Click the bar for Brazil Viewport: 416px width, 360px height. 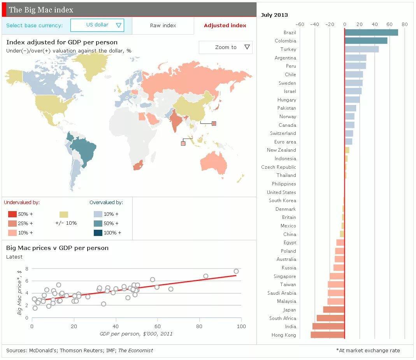point(371,33)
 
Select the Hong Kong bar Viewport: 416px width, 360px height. point(328,335)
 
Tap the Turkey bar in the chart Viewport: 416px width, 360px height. point(362,49)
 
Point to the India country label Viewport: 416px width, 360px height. point(290,327)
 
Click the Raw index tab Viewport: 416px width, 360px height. point(163,26)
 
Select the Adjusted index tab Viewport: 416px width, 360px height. point(225,26)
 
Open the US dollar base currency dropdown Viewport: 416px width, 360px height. point(97,25)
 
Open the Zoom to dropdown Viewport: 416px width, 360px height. point(226,47)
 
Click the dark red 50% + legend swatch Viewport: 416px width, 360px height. point(12,214)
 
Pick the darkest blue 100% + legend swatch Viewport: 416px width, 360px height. point(98,233)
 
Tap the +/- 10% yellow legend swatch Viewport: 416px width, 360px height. point(64,215)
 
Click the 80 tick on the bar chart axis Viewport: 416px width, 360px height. point(404,24)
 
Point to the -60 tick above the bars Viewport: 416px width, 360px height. point(300,24)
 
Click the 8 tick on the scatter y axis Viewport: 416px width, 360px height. point(27,269)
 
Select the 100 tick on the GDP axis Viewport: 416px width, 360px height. point(241,326)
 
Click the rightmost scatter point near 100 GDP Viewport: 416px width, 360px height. point(236,271)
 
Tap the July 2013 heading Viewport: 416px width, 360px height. point(274,15)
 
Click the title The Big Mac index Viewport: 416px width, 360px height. point(41,10)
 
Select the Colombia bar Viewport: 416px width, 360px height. point(366,41)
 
